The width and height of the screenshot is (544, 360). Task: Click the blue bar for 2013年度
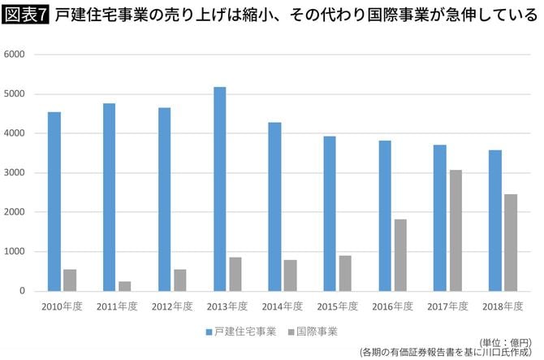click(x=219, y=189)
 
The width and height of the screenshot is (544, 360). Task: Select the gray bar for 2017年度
click(x=455, y=230)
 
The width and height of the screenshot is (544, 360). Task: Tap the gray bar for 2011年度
click(x=124, y=286)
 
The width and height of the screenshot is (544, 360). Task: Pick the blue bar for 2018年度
click(x=494, y=220)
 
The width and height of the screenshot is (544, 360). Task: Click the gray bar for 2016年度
click(x=400, y=254)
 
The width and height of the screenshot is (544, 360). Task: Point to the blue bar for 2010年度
click(x=54, y=201)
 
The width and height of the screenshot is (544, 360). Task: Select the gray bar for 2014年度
click(x=290, y=275)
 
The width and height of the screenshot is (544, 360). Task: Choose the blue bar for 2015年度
click(x=329, y=213)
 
